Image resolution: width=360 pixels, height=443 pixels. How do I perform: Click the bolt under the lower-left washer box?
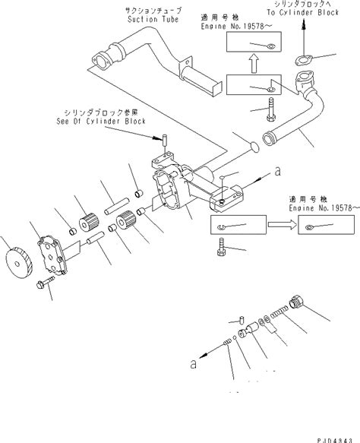(221, 249)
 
